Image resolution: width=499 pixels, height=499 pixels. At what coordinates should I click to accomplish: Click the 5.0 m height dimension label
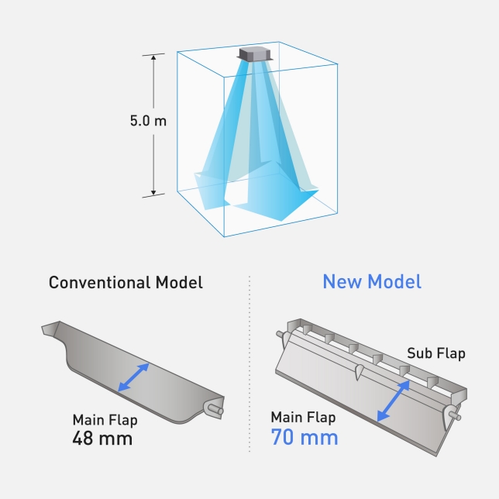(x=148, y=121)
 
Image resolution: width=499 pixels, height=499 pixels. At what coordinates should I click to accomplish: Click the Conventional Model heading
(x=126, y=282)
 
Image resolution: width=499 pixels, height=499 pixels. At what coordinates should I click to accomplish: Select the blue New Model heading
(x=372, y=281)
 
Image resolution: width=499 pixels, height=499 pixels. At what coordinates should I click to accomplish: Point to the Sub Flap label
(x=436, y=353)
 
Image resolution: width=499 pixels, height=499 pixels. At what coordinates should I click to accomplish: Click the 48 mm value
(x=102, y=439)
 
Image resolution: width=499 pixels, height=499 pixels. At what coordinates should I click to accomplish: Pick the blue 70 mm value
(x=305, y=437)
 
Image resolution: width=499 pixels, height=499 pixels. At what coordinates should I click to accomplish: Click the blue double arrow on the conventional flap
(x=133, y=377)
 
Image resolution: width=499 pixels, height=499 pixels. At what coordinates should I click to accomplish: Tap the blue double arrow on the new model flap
(x=394, y=401)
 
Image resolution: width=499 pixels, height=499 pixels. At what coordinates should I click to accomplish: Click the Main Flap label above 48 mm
(x=105, y=420)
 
